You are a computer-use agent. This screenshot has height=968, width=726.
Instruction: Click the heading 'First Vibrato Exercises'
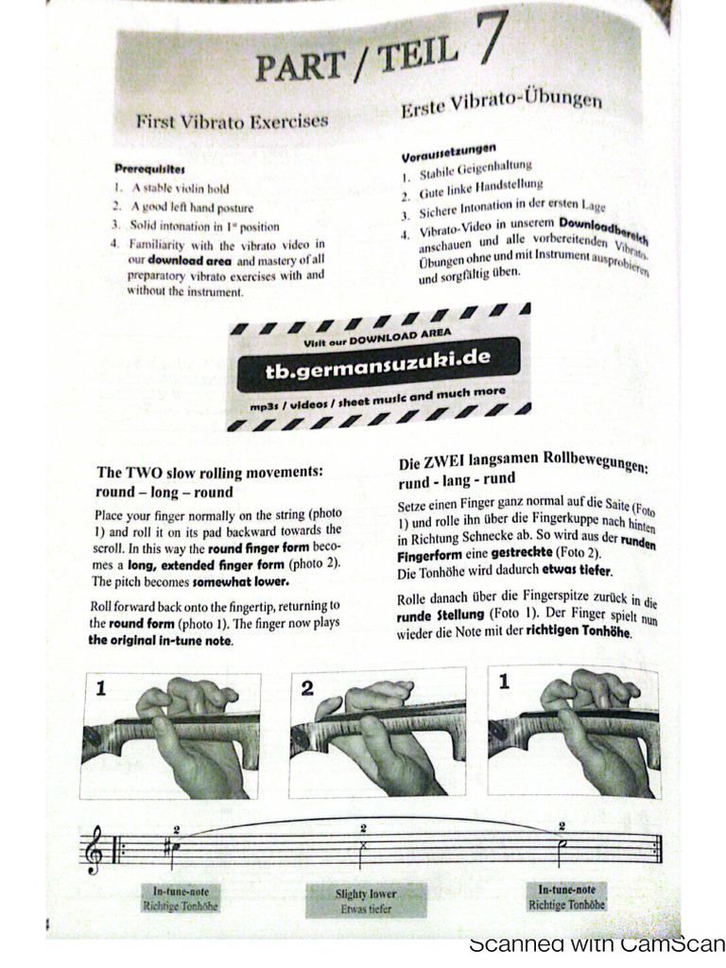pos(232,121)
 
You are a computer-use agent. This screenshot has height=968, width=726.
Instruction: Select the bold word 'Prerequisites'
pos(149,168)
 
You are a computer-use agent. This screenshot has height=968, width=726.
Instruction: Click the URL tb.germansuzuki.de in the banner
pos(378,361)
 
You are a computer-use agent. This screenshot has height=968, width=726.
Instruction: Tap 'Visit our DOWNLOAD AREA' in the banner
pos(377,337)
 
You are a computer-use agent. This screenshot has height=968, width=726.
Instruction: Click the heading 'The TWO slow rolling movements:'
pos(210,472)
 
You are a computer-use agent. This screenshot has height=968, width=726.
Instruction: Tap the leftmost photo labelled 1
pos(170,735)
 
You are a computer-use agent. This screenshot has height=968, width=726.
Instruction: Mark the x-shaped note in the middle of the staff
pos(363,845)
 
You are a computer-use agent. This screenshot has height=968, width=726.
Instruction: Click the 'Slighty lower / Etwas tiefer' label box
pos(366,900)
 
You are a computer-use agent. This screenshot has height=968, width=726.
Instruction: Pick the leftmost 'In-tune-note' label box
pos(181,898)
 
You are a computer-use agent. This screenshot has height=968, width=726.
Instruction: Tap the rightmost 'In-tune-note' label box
pos(567,896)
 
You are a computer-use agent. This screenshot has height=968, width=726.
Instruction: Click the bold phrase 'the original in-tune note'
pos(161,640)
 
